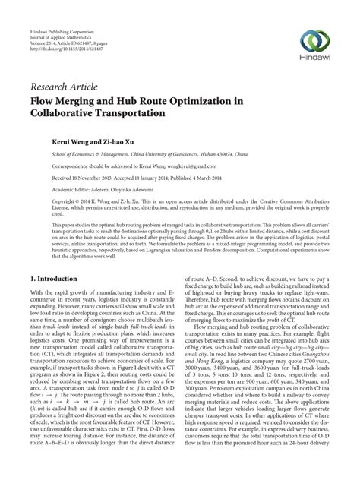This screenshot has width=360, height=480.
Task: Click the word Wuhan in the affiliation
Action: (214, 153)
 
